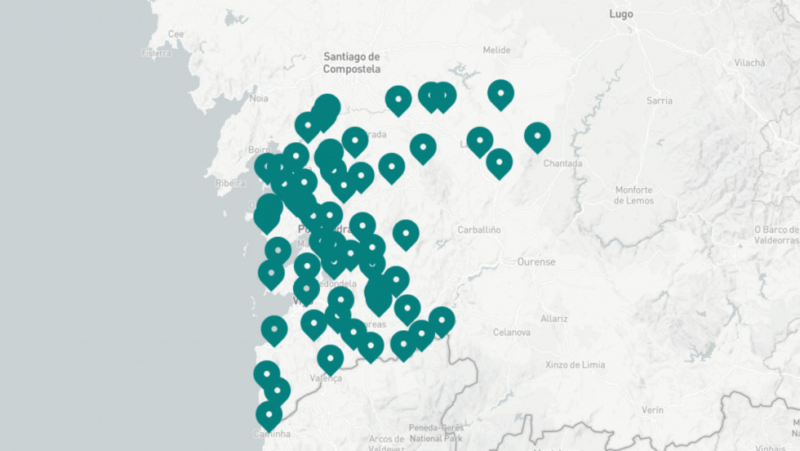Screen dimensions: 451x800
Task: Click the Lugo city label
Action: pyautogui.click(x=620, y=14)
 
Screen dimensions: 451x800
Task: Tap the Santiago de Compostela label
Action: pyautogui.click(x=352, y=63)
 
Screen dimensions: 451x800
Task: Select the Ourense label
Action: pyautogui.click(x=536, y=262)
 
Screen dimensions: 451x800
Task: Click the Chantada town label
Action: pyautogui.click(x=563, y=163)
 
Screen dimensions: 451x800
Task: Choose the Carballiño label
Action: pyautogui.click(x=478, y=230)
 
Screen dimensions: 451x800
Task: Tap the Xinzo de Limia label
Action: pyautogui.click(x=576, y=364)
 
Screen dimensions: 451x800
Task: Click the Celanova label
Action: pyautogui.click(x=512, y=333)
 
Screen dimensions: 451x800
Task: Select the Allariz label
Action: pyautogui.click(x=553, y=318)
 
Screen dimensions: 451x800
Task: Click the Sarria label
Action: pyautogui.click(x=659, y=100)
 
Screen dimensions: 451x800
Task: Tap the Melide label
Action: pyautogui.click(x=496, y=50)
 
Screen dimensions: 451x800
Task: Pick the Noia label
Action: pyautogui.click(x=259, y=98)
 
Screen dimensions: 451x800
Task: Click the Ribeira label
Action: pyautogui.click(x=230, y=183)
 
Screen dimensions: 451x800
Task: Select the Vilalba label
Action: pyautogui.click(x=749, y=62)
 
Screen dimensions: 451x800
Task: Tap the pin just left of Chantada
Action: pyautogui.click(x=537, y=136)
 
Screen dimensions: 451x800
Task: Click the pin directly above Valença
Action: pyautogui.click(x=330, y=358)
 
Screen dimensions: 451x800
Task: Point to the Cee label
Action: pyautogui.click(x=176, y=33)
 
